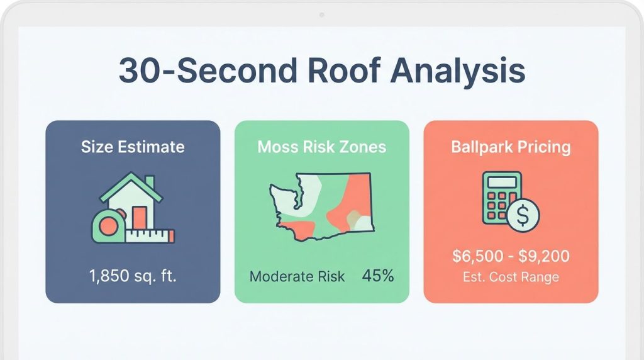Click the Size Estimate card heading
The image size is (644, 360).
pyautogui.click(x=133, y=147)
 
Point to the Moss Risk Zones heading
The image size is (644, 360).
pyautogui.click(x=321, y=147)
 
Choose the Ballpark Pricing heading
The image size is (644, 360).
pyautogui.click(x=511, y=147)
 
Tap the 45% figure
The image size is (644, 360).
pyautogui.click(x=378, y=276)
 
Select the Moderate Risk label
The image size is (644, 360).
pyautogui.click(x=297, y=276)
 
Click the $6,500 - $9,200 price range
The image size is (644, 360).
pyautogui.click(x=511, y=256)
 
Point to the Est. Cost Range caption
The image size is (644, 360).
pyautogui.click(x=511, y=277)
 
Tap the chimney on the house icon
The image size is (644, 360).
pyautogui.click(x=150, y=182)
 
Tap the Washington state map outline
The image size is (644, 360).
pyautogui.click(x=321, y=204)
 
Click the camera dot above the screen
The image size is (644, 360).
pyautogui.click(x=321, y=14)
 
